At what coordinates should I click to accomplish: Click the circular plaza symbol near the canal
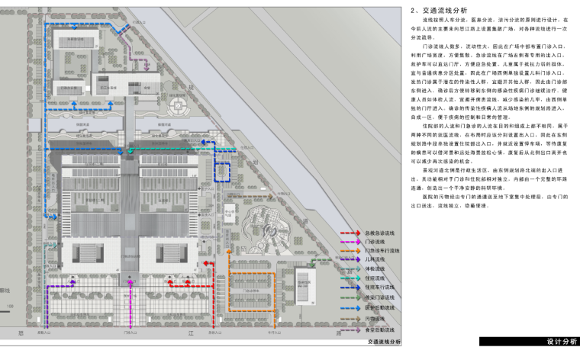click(181, 106)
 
